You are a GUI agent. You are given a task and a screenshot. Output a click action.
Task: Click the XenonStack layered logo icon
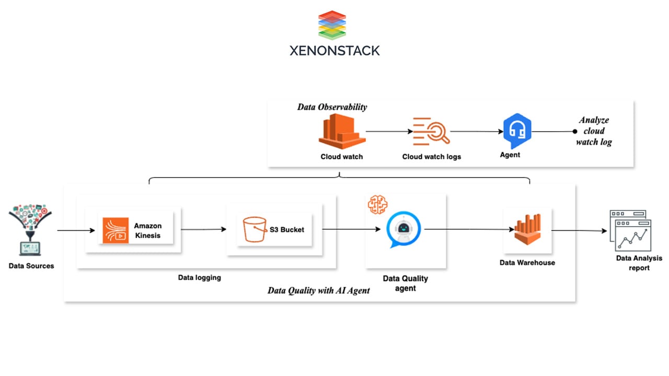332,25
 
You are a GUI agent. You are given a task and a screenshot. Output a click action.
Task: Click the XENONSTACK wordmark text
334,51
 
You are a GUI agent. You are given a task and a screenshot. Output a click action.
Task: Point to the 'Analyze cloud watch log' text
594,131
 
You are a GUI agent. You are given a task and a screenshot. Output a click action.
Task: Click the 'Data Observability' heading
332,107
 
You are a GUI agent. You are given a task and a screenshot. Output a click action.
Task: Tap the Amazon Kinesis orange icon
116,230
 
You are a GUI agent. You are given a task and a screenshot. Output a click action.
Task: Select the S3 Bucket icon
255,229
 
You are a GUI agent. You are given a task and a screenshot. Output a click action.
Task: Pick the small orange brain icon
377,205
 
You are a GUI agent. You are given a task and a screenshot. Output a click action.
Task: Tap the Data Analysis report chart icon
630,230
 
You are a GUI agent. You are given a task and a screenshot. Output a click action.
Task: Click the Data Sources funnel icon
30,230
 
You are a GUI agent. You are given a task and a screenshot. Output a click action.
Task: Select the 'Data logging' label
199,278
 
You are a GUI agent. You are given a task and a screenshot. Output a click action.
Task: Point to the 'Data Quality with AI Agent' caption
318,290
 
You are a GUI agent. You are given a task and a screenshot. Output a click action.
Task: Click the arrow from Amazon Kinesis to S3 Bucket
204,229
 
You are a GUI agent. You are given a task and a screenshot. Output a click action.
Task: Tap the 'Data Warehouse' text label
527,262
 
